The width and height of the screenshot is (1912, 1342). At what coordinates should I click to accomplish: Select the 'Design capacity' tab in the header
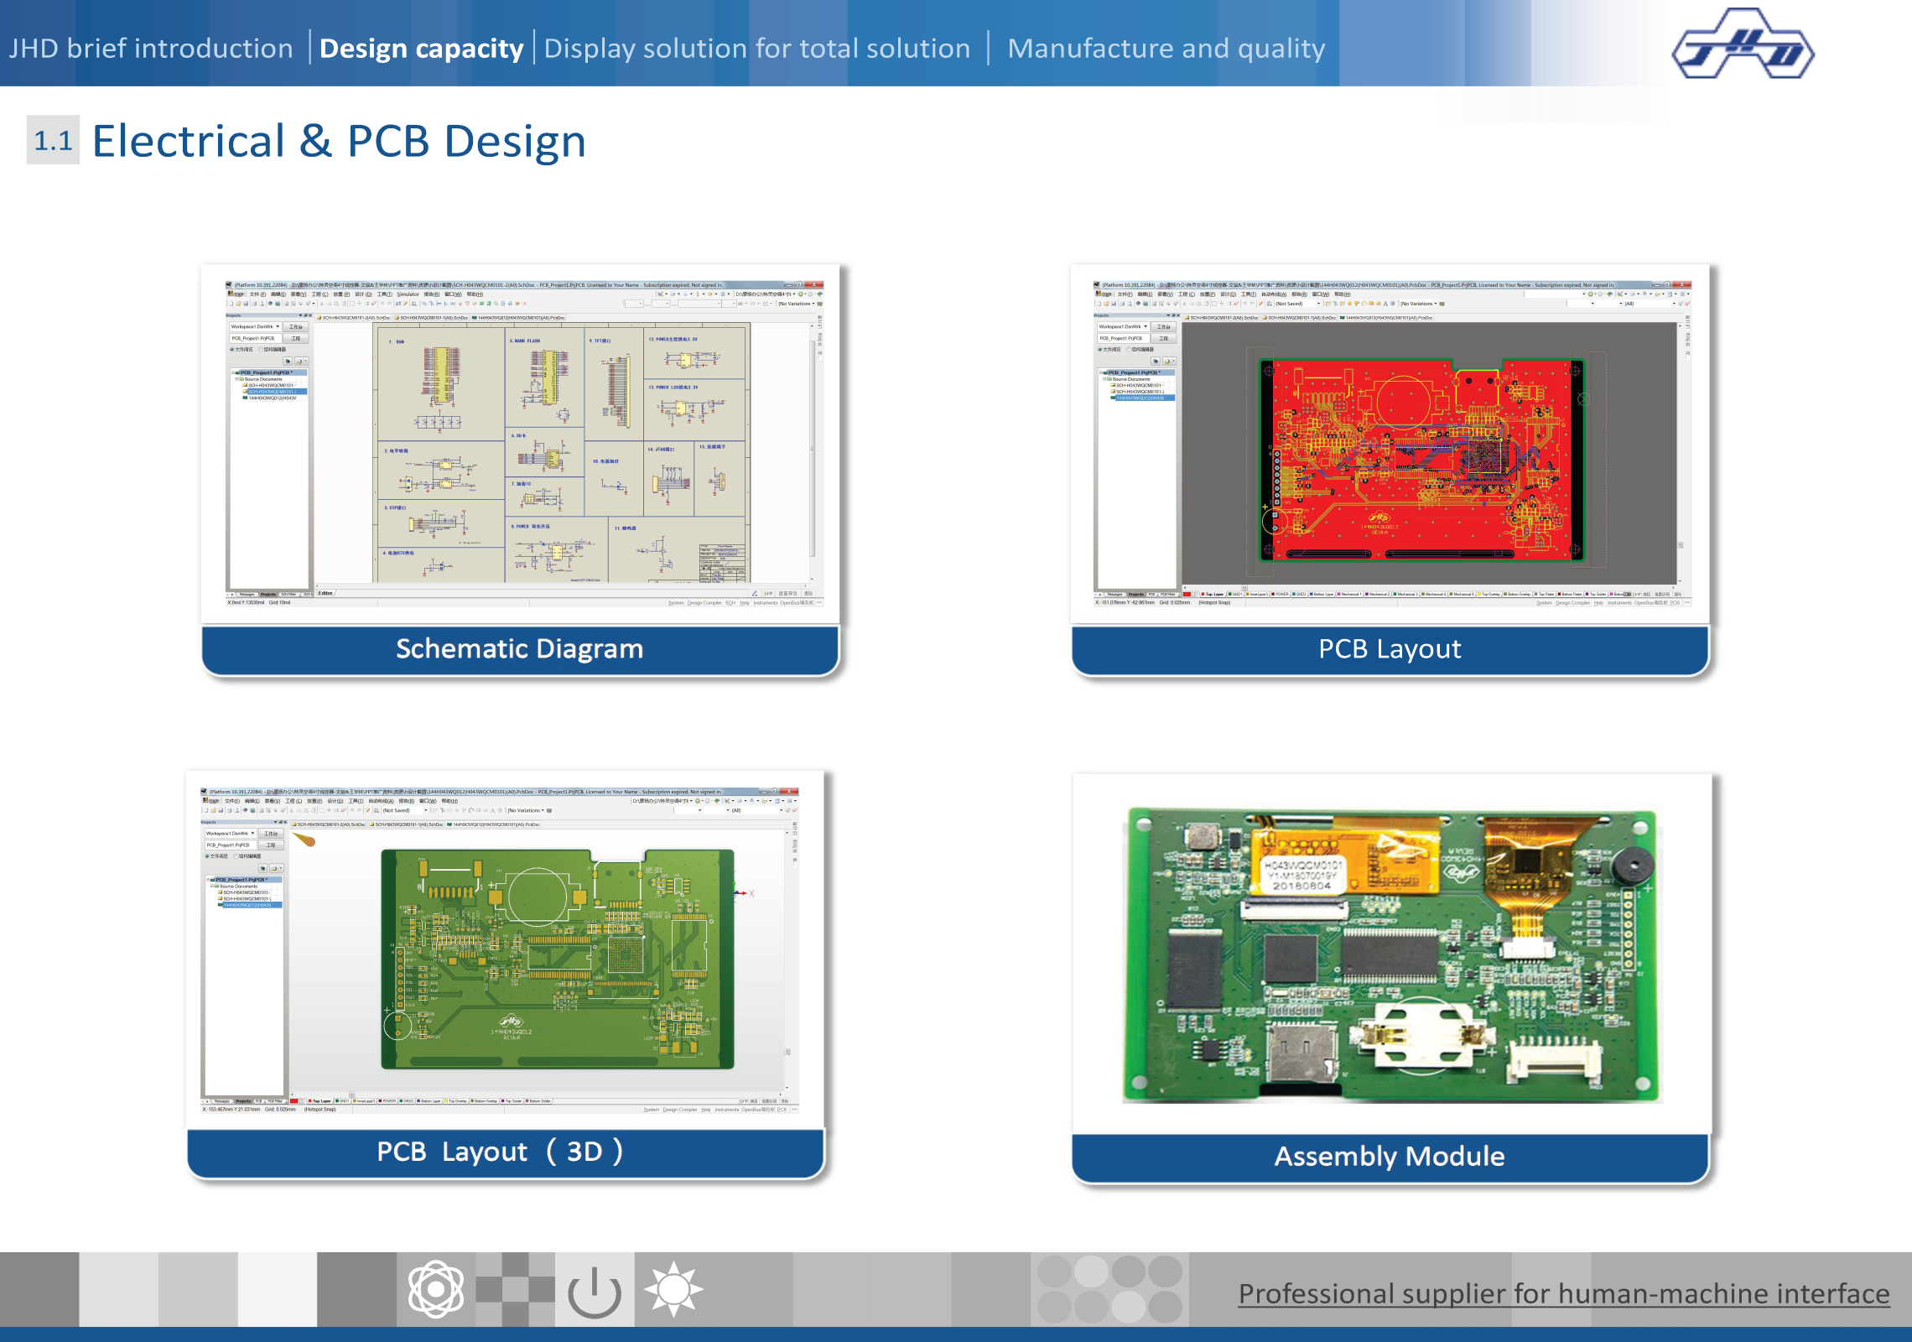pyautogui.click(x=421, y=49)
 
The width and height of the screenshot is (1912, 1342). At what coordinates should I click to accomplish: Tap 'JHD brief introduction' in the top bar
pyautogui.click(x=151, y=49)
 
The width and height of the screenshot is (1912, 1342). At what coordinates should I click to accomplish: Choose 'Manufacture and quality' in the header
pyautogui.click(x=1166, y=49)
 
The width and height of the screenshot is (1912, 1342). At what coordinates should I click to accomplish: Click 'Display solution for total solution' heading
pyautogui.click(x=756, y=49)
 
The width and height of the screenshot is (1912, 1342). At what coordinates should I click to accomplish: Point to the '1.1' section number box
pyautogui.click(x=53, y=140)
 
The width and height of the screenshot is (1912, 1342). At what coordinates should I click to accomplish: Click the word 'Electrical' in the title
pyautogui.click(x=189, y=141)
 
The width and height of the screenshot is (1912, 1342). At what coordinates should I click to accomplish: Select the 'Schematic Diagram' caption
pyautogui.click(x=519, y=648)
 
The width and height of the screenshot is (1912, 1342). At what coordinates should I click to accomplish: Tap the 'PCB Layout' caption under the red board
pyautogui.click(x=1390, y=648)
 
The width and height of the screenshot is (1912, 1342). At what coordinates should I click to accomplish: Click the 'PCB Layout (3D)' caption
pyautogui.click(x=500, y=1152)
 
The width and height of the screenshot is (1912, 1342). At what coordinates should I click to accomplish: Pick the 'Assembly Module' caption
pyautogui.click(x=1390, y=1156)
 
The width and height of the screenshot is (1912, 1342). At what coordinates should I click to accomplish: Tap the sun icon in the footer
pyautogui.click(x=673, y=1289)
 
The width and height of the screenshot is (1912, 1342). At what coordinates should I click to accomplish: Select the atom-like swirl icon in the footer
pyautogui.click(x=435, y=1290)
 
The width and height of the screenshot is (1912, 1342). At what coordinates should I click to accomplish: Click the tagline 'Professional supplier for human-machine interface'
pyautogui.click(x=1564, y=1293)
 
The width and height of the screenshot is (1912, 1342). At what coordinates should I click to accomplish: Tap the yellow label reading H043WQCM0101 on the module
pyautogui.click(x=1304, y=874)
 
